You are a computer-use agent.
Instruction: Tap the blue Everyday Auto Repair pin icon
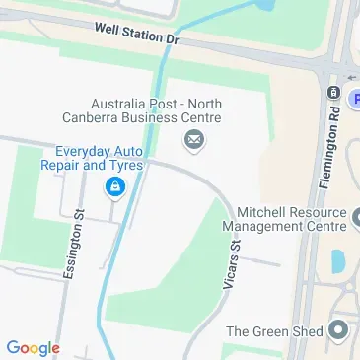[116, 185]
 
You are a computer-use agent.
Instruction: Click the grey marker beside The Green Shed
[340, 330]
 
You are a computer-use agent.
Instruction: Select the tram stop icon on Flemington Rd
[333, 93]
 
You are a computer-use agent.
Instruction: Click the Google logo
[33, 347]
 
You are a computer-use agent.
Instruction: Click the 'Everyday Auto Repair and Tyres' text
[100, 158]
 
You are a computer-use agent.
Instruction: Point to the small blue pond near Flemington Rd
[338, 260]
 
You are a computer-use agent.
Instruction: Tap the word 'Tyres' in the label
[128, 165]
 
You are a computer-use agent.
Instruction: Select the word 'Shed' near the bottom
[306, 331]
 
